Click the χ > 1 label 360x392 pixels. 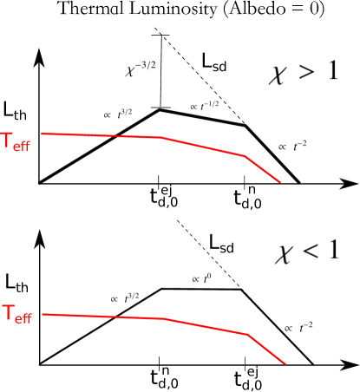[303, 73]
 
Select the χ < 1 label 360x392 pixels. [307, 252]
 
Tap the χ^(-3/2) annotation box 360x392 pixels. [140, 69]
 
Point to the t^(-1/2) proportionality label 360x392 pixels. [205, 107]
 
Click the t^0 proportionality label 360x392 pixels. [202, 278]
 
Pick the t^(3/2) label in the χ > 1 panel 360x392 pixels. [117, 114]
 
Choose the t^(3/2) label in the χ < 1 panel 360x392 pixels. [124, 298]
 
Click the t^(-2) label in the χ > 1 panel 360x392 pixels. [291, 146]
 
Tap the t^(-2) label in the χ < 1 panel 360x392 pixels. [298, 327]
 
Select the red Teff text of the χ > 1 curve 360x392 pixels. [16, 141]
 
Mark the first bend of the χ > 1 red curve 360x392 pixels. [160, 137]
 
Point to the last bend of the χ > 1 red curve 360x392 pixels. [244, 156]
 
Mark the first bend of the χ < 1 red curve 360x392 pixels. [165, 318]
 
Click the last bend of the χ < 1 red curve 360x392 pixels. [248, 334]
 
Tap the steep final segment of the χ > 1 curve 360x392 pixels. [263, 170]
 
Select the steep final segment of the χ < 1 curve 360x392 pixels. [267, 350]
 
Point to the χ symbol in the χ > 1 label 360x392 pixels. [278, 75]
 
